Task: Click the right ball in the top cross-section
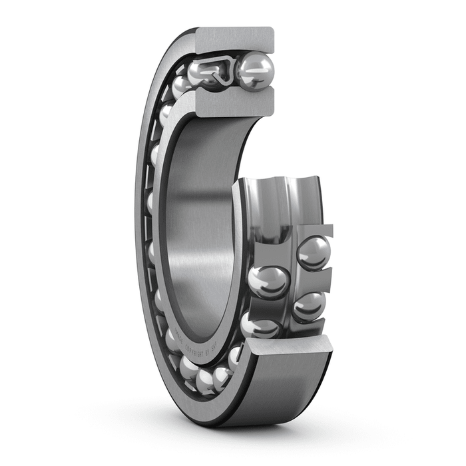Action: [256, 71]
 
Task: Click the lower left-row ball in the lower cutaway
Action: [260, 324]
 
